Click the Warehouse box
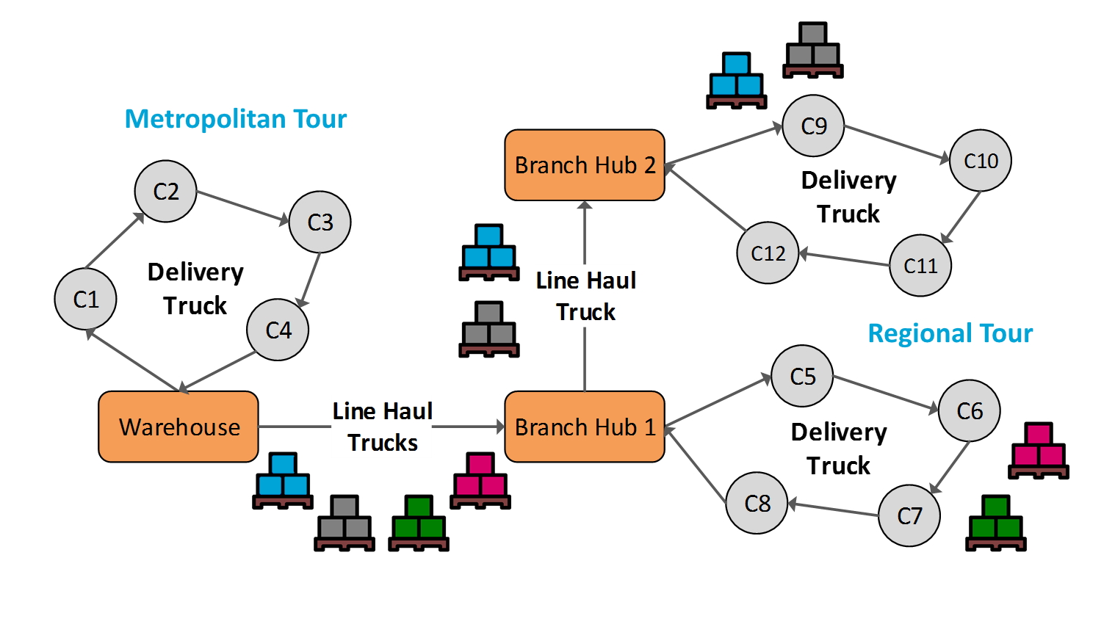point(178,427)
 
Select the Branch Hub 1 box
point(585,427)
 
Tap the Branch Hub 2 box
point(585,165)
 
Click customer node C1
point(86,299)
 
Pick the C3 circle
point(320,222)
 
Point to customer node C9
point(813,126)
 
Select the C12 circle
point(768,253)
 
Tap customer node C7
point(909,515)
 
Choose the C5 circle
point(802,376)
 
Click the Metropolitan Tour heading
point(235,119)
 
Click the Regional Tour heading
point(950,333)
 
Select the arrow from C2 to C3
point(243,206)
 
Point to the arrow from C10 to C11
point(961,217)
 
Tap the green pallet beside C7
point(995,523)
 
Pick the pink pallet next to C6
point(1038,451)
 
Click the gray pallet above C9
point(812,51)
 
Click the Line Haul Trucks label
point(382,427)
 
